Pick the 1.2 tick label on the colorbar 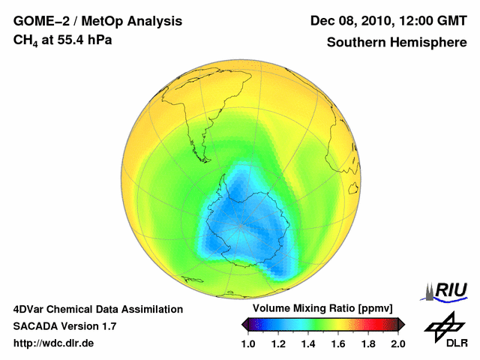(278, 344)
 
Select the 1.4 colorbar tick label (308, 344)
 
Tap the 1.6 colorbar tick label (338, 344)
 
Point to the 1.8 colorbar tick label (368, 344)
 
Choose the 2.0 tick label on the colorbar (397, 344)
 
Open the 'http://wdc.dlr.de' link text (54, 344)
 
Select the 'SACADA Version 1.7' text (64, 326)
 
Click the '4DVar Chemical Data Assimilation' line (98, 309)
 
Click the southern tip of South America (198, 147)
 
